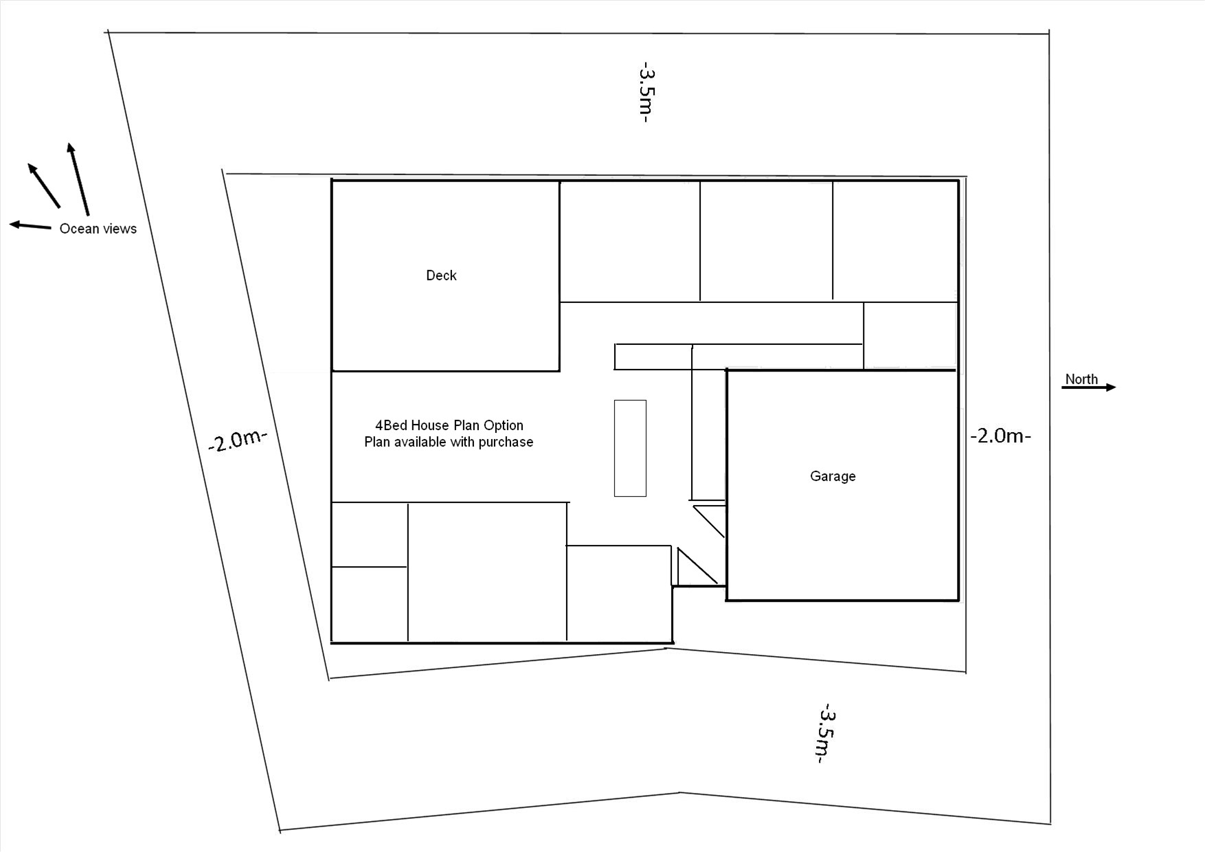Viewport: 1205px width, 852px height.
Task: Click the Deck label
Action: click(x=441, y=276)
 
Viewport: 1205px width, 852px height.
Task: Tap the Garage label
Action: click(x=833, y=476)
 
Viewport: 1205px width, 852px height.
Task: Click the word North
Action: click(x=1081, y=379)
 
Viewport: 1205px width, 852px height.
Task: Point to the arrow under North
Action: click(x=1089, y=388)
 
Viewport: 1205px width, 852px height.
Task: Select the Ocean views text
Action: click(x=98, y=229)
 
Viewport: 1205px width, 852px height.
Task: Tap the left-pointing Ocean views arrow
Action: click(x=30, y=225)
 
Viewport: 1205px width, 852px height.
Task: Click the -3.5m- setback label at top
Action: click(x=646, y=93)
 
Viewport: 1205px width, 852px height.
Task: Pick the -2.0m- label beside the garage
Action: click(x=1001, y=436)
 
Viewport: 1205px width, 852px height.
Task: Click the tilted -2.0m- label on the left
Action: click(x=237, y=439)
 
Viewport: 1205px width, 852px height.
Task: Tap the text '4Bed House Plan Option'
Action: click(x=449, y=425)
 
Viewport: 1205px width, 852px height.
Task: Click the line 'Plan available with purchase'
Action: click(x=449, y=442)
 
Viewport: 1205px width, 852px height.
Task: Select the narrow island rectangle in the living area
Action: click(x=630, y=448)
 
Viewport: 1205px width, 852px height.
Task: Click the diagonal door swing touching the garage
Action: click(x=710, y=522)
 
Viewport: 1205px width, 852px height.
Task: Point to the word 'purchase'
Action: click(x=506, y=442)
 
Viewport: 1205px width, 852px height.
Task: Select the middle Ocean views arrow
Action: click(x=44, y=186)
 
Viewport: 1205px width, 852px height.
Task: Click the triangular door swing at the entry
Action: click(x=697, y=567)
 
